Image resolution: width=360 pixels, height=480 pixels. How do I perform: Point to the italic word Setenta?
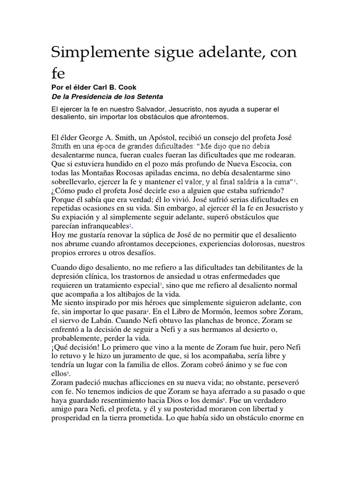coord(150,97)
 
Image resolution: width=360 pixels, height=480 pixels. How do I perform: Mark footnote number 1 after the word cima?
coord(295,180)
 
